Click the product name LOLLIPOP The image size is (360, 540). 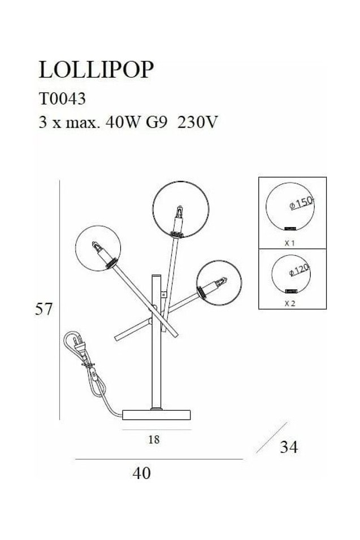point(96,69)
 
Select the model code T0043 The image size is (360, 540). point(62,99)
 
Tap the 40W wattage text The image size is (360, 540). point(122,122)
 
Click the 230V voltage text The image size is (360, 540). point(197,122)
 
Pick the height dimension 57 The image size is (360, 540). point(44,309)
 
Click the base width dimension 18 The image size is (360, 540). point(154,439)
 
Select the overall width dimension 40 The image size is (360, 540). point(142,473)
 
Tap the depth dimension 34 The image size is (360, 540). point(289,447)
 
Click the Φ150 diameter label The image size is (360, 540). point(301,203)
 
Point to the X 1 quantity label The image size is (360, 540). point(290,243)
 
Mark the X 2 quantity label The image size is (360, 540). point(290,303)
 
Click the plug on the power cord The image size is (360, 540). point(78,345)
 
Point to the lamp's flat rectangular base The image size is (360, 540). point(157,415)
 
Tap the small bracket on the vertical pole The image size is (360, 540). point(164,294)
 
